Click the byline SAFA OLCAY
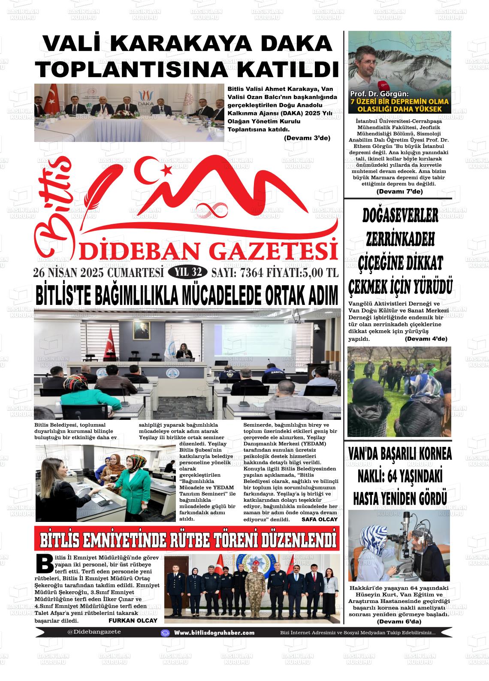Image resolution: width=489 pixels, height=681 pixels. [x=320, y=519]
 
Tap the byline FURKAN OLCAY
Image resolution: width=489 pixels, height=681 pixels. [x=133, y=620]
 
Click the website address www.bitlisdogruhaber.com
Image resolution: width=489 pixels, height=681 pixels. [x=214, y=633]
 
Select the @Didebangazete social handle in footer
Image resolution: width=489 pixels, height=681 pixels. [x=94, y=632]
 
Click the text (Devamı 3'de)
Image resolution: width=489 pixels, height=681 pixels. [x=307, y=138]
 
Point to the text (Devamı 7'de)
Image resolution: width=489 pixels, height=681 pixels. [x=399, y=191]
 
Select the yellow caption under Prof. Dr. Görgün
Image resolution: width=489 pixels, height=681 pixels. [x=399, y=105]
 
